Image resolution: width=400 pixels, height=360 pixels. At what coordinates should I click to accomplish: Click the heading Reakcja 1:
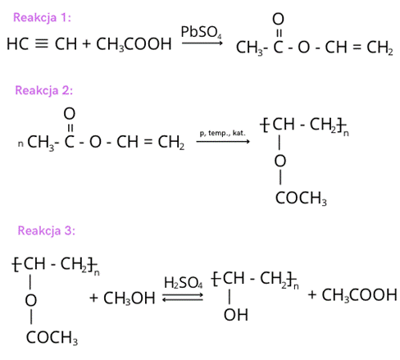42,18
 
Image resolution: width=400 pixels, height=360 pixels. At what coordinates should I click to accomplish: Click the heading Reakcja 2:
44,90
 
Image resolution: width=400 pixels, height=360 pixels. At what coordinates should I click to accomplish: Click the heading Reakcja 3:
47,230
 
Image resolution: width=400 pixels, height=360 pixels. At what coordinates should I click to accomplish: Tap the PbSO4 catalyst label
201,32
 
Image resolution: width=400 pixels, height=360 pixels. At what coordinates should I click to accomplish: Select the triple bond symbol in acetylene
42,43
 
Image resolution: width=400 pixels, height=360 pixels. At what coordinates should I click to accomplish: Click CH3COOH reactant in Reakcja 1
134,44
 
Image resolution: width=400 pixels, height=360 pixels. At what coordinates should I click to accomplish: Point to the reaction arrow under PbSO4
202,43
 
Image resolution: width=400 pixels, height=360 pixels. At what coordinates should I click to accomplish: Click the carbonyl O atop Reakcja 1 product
278,19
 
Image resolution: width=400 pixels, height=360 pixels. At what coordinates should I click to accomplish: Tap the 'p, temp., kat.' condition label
223,133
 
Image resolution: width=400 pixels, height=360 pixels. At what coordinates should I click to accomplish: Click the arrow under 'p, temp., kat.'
223,141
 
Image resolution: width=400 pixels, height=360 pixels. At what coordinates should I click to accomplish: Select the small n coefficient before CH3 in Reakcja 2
20,144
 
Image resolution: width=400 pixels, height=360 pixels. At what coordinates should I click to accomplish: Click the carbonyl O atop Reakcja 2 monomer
70,114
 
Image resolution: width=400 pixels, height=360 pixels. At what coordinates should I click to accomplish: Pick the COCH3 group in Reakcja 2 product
301,198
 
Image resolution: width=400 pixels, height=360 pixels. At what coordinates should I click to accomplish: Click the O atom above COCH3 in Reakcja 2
280,161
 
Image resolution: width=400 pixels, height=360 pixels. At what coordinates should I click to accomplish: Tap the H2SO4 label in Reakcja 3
184,283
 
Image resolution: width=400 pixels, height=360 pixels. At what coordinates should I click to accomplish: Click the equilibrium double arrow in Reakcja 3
183,298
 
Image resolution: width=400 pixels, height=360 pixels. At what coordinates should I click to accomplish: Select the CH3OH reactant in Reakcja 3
130,298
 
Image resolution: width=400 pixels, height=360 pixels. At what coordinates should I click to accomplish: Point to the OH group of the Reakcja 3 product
236,315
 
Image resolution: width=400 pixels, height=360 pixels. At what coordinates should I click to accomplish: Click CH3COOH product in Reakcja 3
359,295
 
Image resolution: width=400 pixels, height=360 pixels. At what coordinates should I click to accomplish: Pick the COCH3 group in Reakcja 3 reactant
52,338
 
